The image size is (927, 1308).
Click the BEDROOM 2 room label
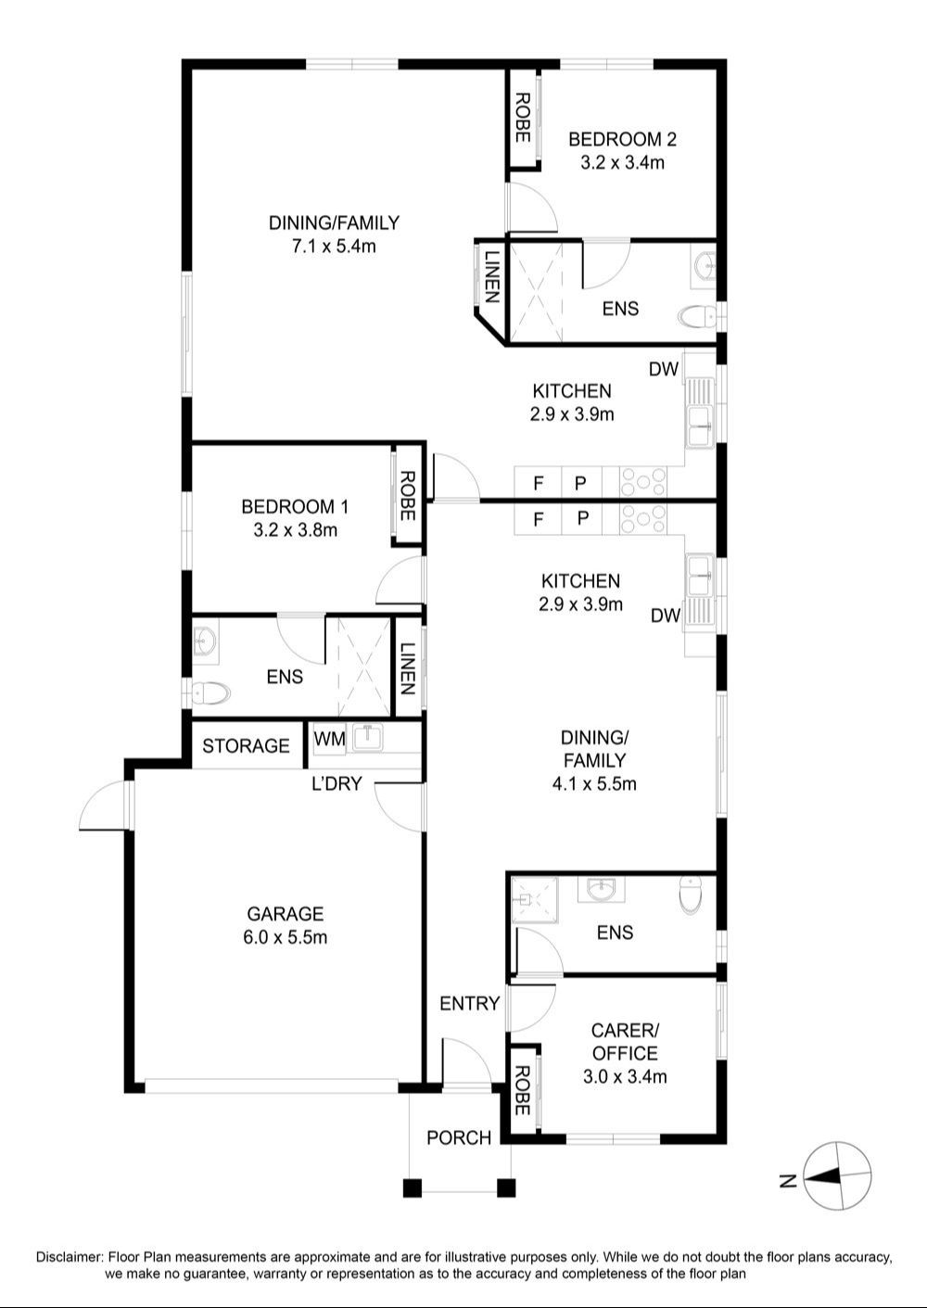(622, 140)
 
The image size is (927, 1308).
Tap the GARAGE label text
(286, 913)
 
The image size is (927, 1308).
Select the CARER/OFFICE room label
(625, 1041)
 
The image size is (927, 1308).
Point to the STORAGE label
(246, 745)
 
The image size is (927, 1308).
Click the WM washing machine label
(329, 739)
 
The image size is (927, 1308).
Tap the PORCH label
(459, 1137)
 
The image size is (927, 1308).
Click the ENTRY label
(469, 1003)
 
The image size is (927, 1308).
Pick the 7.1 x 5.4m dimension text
(334, 247)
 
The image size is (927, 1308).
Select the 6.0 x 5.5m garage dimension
(286, 937)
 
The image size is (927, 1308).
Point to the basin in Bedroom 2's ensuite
(705, 267)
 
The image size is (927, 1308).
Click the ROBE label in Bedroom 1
(408, 496)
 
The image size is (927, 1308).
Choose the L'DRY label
(337, 783)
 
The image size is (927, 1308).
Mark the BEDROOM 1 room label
(295, 506)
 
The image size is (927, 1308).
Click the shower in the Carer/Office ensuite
(534, 899)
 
